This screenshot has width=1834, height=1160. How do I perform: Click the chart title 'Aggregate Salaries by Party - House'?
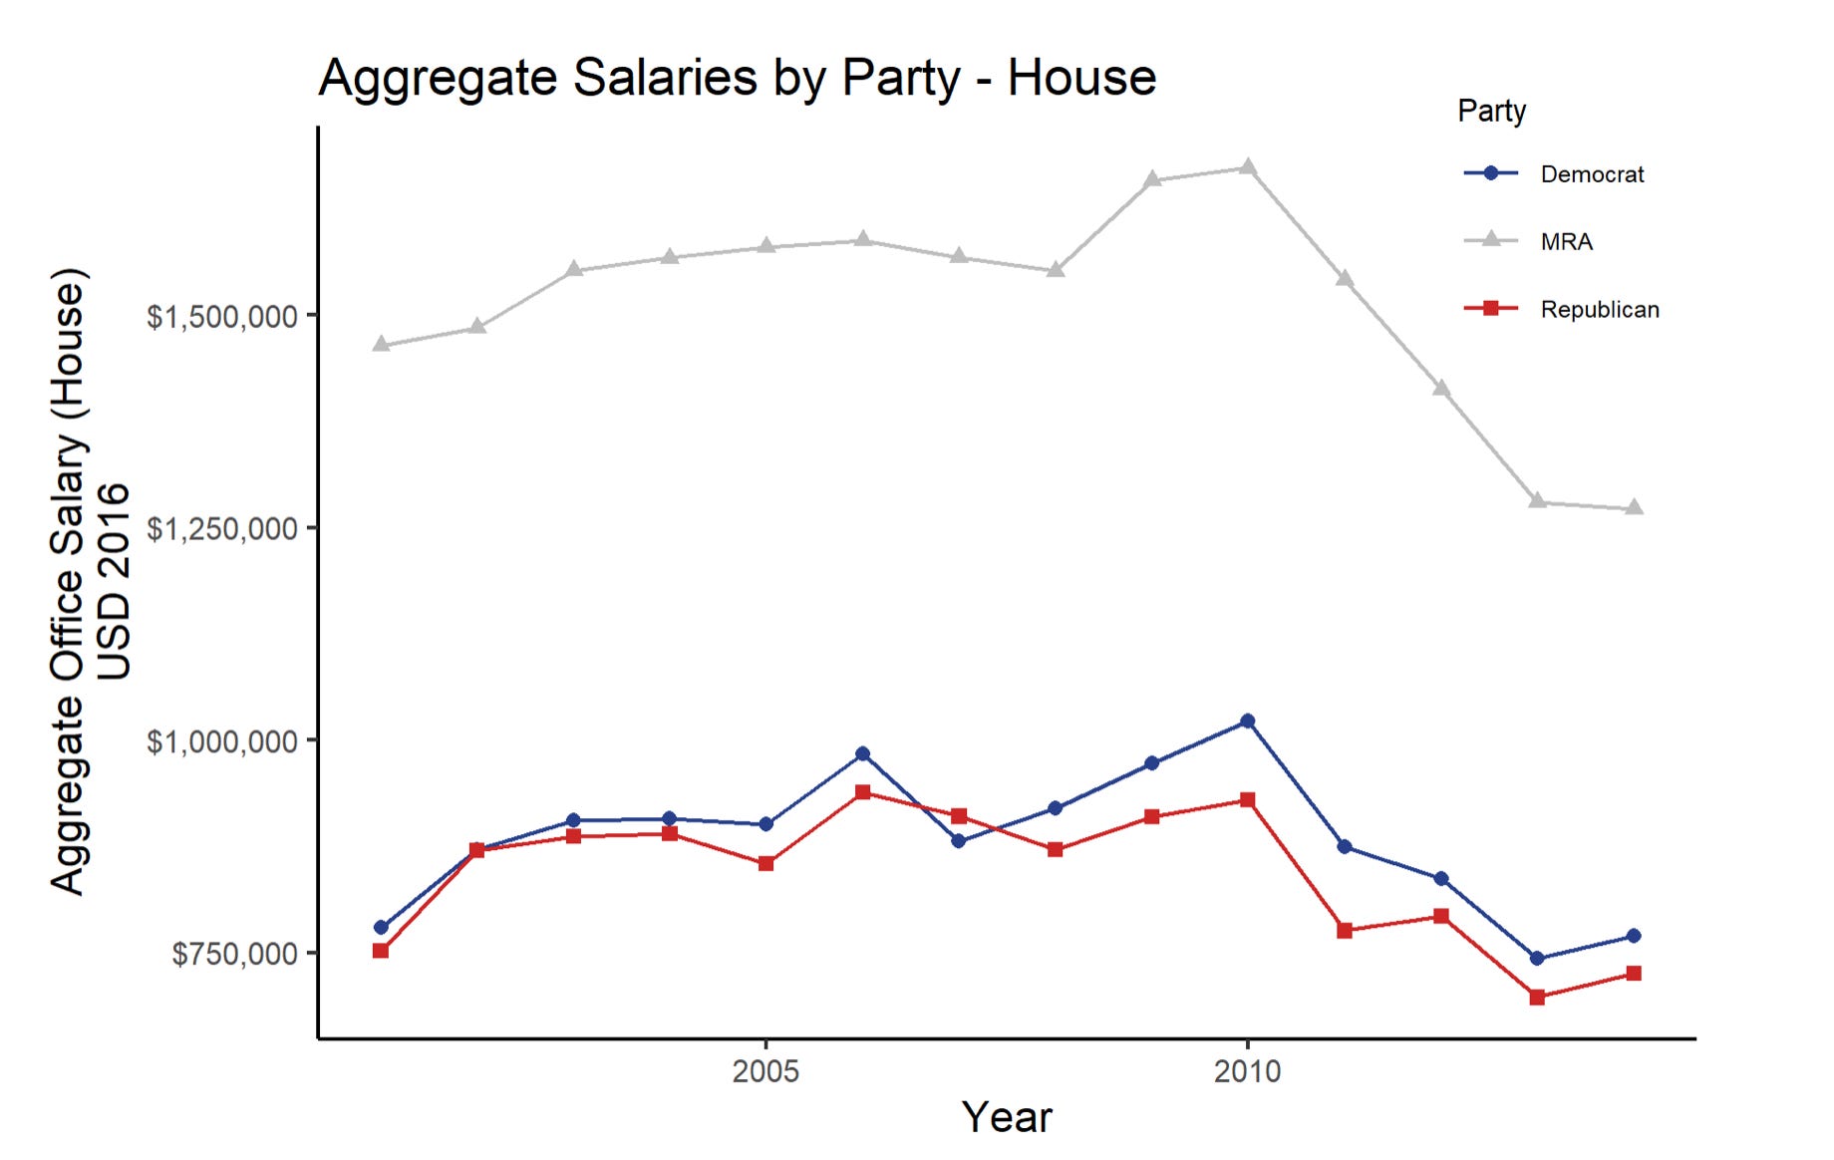click(737, 78)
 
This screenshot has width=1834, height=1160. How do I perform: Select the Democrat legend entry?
click(1591, 174)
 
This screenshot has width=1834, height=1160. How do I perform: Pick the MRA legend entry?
click(1566, 242)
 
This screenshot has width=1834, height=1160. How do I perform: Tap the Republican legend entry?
click(1599, 310)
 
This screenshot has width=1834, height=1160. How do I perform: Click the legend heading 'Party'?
click(1491, 111)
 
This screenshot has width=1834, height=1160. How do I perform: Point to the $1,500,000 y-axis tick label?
click(222, 317)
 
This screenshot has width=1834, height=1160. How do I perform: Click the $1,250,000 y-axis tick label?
click(222, 529)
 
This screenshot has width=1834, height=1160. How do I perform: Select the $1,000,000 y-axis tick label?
click(222, 741)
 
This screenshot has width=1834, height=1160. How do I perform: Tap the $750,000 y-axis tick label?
click(235, 954)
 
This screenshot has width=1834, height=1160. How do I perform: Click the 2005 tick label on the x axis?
click(765, 1071)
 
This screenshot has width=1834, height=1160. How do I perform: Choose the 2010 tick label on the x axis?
click(1247, 1071)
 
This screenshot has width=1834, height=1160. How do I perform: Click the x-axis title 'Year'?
click(1006, 1117)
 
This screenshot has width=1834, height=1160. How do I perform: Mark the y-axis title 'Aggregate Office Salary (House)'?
click(69, 581)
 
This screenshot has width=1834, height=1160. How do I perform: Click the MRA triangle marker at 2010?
click(1247, 167)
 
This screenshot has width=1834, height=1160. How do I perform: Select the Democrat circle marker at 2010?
click(1247, 721)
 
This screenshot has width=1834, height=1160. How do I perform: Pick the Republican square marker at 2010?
click(1247, 800)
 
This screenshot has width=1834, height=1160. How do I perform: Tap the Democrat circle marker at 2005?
click(765, 824)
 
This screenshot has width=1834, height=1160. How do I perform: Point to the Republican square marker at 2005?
click(765, 863)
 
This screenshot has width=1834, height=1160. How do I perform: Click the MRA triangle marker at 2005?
click(765, 246)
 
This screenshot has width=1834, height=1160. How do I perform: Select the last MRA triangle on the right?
click(1634, 508)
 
